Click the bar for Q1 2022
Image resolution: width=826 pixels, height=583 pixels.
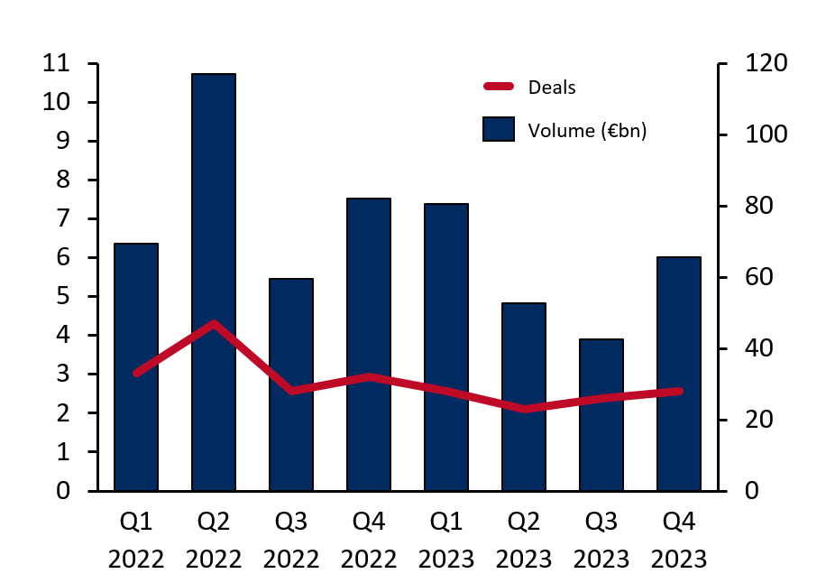tap(136, 366)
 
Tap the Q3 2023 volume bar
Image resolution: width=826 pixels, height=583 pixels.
tap(601, 414)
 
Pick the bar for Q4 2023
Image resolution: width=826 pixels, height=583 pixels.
tap(679, 374)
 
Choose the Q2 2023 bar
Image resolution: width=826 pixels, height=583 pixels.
tap(524, 396)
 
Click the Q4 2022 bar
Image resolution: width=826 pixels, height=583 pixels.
tap(369, 344)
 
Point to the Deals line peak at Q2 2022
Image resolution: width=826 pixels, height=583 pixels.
tap(214, 323)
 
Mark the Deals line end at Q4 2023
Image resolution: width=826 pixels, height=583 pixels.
tap(679, 391)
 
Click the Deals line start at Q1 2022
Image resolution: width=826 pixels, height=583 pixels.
tap(136, 373)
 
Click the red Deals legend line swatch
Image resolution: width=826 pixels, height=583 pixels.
tap(499, 88)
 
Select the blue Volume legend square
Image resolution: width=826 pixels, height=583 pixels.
tap(499, 130)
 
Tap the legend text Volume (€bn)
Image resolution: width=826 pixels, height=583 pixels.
tap(588, 130)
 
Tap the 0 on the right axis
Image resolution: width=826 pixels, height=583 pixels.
tap(750, 491)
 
